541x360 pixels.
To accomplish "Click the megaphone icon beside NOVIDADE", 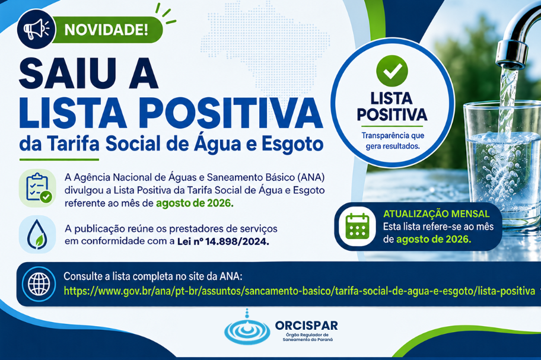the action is click(36, 29).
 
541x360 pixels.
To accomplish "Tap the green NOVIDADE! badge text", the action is click(106, 30).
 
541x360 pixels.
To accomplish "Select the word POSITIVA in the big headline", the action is click(232, 113).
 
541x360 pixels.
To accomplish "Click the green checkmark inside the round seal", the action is click(392, 71).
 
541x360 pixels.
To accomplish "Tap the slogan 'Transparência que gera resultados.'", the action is click(393, 141).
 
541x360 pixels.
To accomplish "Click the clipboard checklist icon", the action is click(37, 188).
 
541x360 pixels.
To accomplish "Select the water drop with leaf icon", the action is click(37, 234).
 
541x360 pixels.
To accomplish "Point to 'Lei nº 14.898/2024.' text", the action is click(223, 241).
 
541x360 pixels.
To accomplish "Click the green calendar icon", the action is click(358, 227).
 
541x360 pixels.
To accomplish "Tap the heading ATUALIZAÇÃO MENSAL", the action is click(436, 214).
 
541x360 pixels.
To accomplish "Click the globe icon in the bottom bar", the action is click(39, 284).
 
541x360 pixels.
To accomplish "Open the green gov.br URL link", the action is click(299, 291).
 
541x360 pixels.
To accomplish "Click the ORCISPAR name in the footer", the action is click(306, 325).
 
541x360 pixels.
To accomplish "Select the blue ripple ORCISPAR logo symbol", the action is click(247, 329).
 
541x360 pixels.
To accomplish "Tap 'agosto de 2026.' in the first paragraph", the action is click(195, 203).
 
